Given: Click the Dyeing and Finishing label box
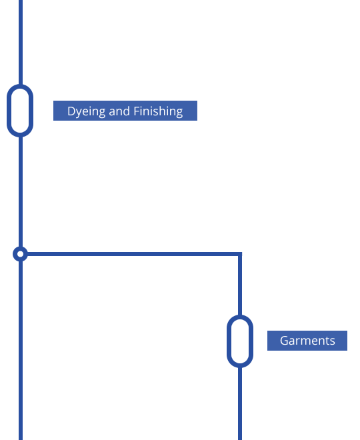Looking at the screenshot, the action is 125,111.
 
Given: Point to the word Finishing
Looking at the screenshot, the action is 158,111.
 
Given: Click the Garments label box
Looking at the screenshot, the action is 307,341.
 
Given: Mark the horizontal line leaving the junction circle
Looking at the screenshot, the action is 133,254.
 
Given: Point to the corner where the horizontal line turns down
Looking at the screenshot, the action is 240,254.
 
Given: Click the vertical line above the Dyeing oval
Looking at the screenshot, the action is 21,42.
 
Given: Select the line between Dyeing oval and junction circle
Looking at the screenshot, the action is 21,192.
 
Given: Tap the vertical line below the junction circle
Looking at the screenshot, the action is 21,351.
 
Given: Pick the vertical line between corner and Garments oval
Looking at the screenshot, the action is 240,285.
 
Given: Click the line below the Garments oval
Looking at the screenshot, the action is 240,403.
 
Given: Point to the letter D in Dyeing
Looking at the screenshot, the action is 71,111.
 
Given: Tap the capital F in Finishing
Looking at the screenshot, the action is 137,111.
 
